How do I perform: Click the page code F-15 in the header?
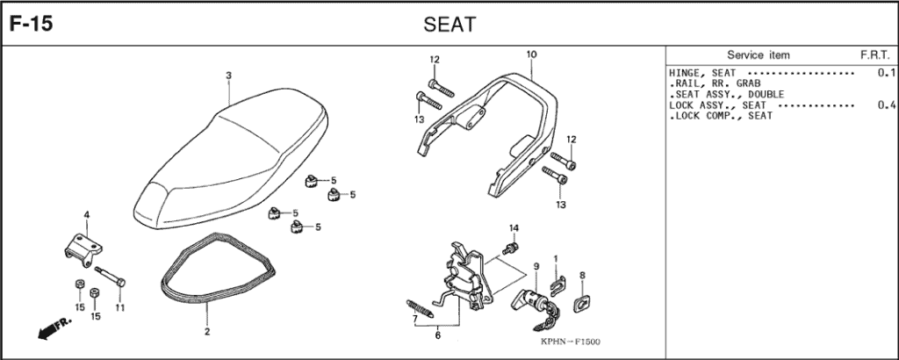31,24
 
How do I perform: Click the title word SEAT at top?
449,24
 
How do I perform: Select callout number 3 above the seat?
228,76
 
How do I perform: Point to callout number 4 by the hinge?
86,215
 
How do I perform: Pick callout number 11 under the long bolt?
120,307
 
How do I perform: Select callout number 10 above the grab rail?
531,54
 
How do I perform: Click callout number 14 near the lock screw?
514,228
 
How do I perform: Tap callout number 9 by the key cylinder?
535,266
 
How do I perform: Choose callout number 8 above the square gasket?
582,276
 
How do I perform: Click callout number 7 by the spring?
414,320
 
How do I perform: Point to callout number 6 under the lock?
436,335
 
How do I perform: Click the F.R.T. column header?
874,54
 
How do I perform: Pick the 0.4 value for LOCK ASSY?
885,105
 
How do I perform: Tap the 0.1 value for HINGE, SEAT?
885,72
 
